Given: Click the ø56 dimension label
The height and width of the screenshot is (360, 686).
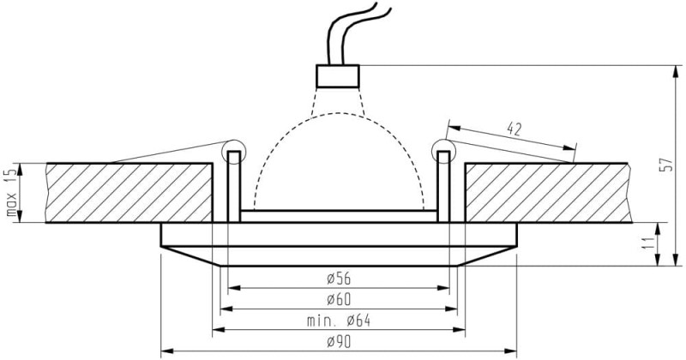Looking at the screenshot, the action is [x=339, y=279].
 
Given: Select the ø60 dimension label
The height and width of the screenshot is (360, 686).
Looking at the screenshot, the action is [x=339, y=300].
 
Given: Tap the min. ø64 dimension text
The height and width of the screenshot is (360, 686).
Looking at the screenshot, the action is [x=338, y=321].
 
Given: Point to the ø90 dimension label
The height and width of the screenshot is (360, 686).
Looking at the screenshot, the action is [x=339, y=342].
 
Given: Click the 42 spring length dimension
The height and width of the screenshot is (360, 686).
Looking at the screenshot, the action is [x=514, y=129].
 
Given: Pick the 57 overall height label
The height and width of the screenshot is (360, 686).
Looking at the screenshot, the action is [x=668, y=165].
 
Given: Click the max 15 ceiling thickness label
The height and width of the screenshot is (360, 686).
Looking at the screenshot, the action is [x=12, y=193].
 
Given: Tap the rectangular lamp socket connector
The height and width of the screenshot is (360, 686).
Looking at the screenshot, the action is [x=338, y=76].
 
